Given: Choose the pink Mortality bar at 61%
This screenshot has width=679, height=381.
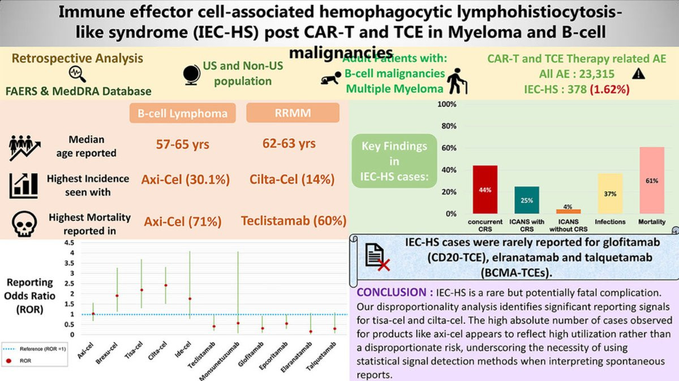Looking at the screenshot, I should [652, 180].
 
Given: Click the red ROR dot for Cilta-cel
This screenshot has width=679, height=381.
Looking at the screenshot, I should [165, 285].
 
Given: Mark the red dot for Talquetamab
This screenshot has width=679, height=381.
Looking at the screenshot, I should [335, 329].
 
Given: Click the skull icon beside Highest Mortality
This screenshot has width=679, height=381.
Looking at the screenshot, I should [24, 225].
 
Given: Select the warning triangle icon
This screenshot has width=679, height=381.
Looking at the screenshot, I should [639, 73].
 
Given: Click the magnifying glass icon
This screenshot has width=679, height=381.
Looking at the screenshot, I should [76, 74].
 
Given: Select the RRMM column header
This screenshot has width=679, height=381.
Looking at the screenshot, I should [293, 113].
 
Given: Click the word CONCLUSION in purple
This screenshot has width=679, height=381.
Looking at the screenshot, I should [393, 294].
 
